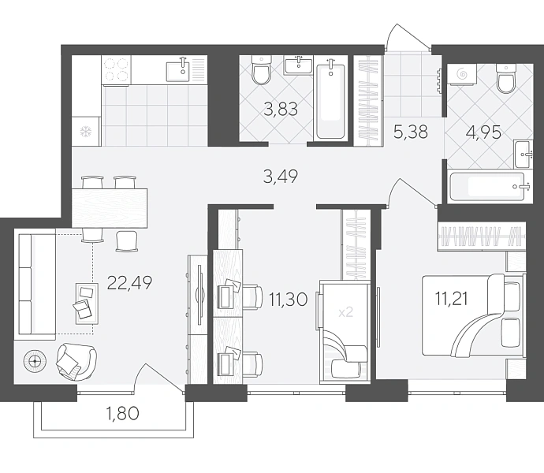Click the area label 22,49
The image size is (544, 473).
130,283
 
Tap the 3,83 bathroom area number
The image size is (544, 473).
281,110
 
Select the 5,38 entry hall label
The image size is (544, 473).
411,132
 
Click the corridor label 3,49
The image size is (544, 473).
281,177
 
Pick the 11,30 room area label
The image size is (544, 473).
289,299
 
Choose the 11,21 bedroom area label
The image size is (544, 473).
452,299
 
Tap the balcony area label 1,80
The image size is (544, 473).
124,413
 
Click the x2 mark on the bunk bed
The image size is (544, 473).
345,312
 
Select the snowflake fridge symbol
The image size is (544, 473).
85,131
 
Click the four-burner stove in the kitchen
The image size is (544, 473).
116,70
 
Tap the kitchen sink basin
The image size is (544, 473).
177,71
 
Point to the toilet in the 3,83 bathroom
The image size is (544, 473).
261,70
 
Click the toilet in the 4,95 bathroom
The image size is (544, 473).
506,79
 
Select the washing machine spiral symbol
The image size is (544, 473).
461,73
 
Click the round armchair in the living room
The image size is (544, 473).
76,362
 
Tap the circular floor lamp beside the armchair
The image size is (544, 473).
35,362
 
